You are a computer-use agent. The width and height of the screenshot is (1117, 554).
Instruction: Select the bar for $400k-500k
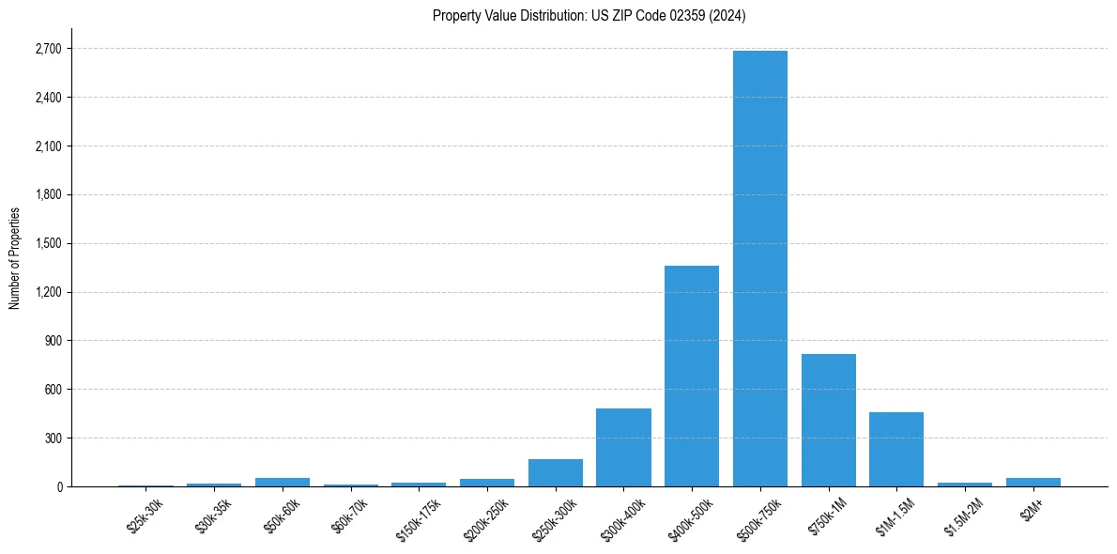pos(692,376)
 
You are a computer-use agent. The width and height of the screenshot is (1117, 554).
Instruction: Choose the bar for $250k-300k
pos(556,472)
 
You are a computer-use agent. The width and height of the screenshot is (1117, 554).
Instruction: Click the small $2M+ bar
pos(1033,482)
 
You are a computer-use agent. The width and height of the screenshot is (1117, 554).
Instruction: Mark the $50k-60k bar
pos(283,482)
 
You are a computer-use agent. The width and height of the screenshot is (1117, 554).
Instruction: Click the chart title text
pos(589,15)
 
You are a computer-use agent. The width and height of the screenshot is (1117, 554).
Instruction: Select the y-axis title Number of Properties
pos(14,257)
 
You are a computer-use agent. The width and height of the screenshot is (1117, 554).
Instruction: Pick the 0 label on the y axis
pos(60,486)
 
